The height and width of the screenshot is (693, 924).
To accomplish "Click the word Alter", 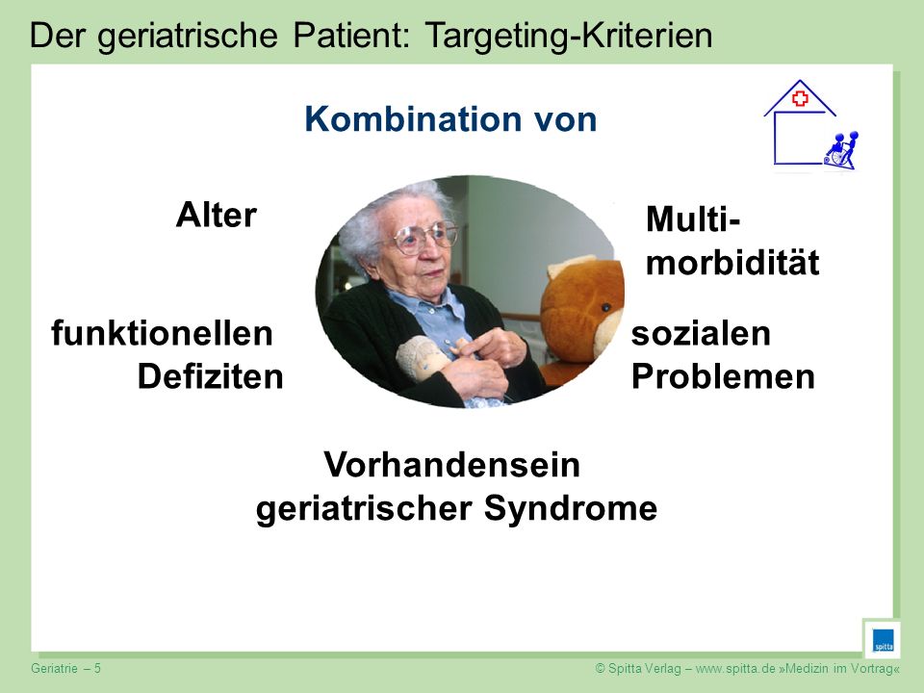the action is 217,215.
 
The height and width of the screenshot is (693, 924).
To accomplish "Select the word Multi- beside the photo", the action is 693,219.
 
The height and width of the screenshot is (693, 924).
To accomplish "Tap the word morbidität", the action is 732,262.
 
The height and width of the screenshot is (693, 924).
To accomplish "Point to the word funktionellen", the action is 162,333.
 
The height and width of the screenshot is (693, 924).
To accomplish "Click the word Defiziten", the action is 211,376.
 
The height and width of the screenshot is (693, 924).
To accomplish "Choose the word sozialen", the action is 701,333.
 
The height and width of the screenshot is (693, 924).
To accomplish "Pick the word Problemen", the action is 723,376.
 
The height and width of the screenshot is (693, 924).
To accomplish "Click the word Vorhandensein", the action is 452,464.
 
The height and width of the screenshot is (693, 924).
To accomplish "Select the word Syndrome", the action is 571,509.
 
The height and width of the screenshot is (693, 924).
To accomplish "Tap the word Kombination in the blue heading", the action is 413,119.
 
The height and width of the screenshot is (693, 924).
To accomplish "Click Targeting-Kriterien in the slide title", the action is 568,36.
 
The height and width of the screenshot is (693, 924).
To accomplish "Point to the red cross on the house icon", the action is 800,98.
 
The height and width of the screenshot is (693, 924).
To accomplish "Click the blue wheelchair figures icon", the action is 841,151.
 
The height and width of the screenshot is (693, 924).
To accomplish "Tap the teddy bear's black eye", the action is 604,308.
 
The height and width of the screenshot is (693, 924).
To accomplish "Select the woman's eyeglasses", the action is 425,236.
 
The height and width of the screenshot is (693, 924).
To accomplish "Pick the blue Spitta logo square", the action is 883,640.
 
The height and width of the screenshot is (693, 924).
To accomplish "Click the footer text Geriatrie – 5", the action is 66,668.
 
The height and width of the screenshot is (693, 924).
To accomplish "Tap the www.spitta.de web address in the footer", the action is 735,668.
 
